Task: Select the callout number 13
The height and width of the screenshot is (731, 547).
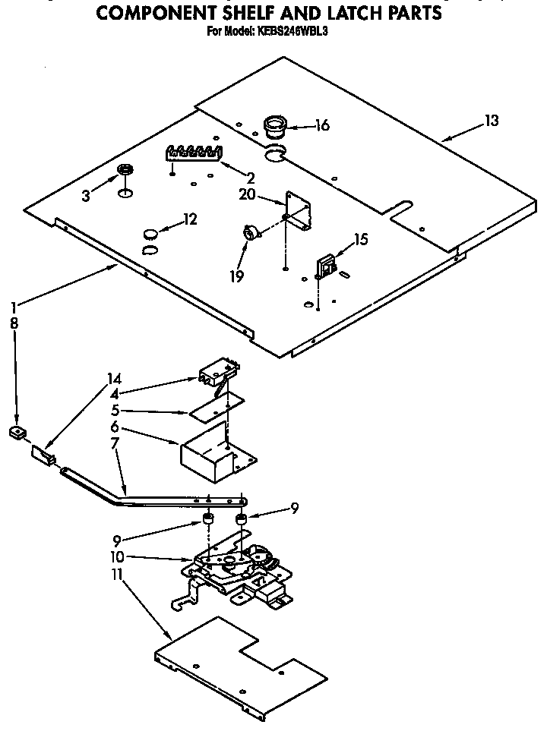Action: (x=492, y=120)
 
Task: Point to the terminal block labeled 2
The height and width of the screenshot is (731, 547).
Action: (x=194, y=153)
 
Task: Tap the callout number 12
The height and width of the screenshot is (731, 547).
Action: (x=190, y=219)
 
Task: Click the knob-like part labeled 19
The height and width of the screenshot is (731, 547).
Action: (x=249, y=233)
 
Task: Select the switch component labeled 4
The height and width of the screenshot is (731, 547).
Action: (x=218, y=372)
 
